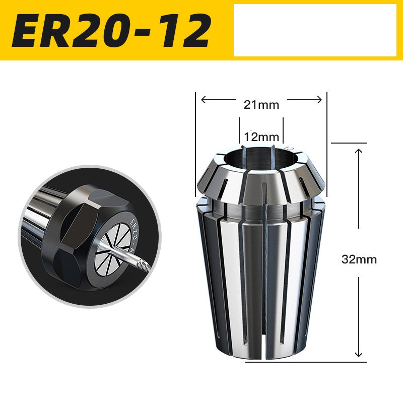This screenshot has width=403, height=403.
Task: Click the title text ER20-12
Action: (x=111, y=30)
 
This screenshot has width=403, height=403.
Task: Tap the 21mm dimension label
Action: (x=261, y=105)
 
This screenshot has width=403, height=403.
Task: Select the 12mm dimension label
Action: (x=261, y=137)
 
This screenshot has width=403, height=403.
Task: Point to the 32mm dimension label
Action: (x=359, y=260)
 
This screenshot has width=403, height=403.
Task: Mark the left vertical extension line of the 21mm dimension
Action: (x=195, y=146)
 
